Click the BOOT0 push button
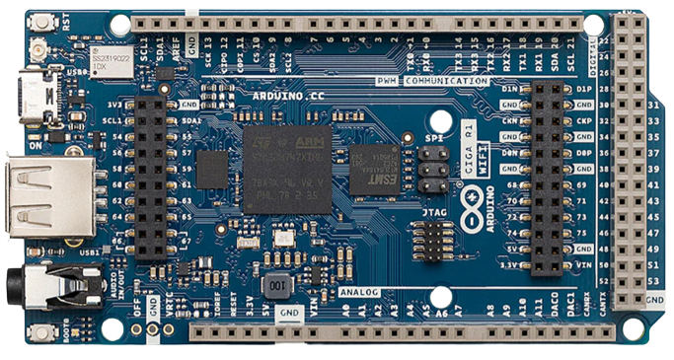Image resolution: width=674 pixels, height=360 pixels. pos(41,332)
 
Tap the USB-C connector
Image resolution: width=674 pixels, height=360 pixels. pos(42,95)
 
